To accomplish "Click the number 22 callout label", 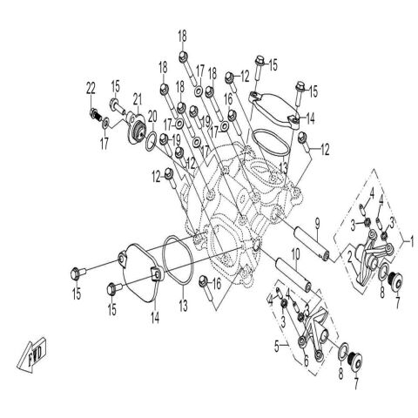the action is pyautogui.click(x=91, y=89).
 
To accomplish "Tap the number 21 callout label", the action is pyautogui.click(x=138, y=99).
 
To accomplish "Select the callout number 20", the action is pyautogui.click(x=152, y=117).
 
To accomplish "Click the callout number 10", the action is pyautogui.click(x=295, y=255).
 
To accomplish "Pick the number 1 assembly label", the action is pyautogui.click(x=411, y=240).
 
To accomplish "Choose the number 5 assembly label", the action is pyautogui.click(x=277, y=346).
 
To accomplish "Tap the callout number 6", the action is pyautogui.click(x=306, y=361).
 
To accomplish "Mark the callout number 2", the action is pyautogui.click(x=350, y=257).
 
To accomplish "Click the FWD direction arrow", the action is pyautogui.click(x=32, y=355).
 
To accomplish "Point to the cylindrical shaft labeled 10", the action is pyautogui.click(x=293, y=275).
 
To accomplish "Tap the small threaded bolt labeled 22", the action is pyautogui.click(x=96, y=114).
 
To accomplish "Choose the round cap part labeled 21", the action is pyautogui.click(x=136, y=127).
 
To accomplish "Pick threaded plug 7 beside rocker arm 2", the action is pyautogui.click(x=395, y=280).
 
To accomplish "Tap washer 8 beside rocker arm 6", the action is pyautogui.click(x=343, y=351).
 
